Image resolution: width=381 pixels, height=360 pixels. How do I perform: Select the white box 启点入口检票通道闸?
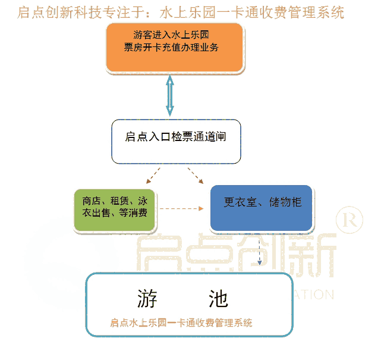coord(176,141)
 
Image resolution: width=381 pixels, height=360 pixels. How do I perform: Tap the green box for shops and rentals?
coord(116,209)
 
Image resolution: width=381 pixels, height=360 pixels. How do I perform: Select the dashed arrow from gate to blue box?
coord(196,176)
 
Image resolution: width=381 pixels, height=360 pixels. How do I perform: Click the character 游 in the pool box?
coord(147,298)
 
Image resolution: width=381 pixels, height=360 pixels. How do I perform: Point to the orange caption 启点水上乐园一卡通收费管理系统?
coord(181,323)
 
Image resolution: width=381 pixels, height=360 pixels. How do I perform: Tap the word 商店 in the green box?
coord(92,201)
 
